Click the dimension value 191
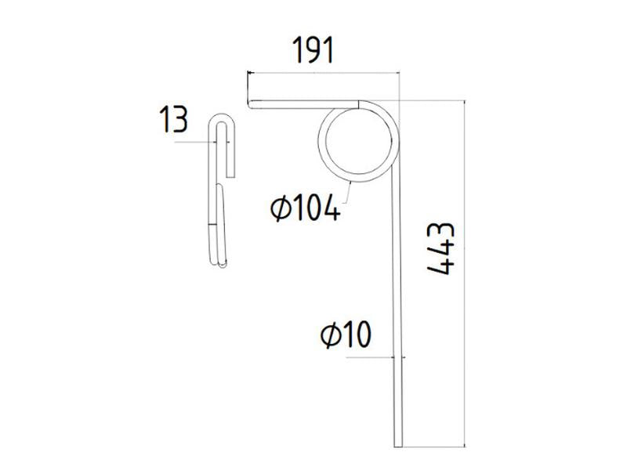[x=313, y=50]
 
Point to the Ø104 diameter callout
[x=304, y=208]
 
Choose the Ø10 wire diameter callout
[x=344, y=336]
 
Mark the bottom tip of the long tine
[x=398, y=446]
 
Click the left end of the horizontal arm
[x=250, y=104]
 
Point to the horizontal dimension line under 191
[x=323, y=72]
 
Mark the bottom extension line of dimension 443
[x=435, y=448]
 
